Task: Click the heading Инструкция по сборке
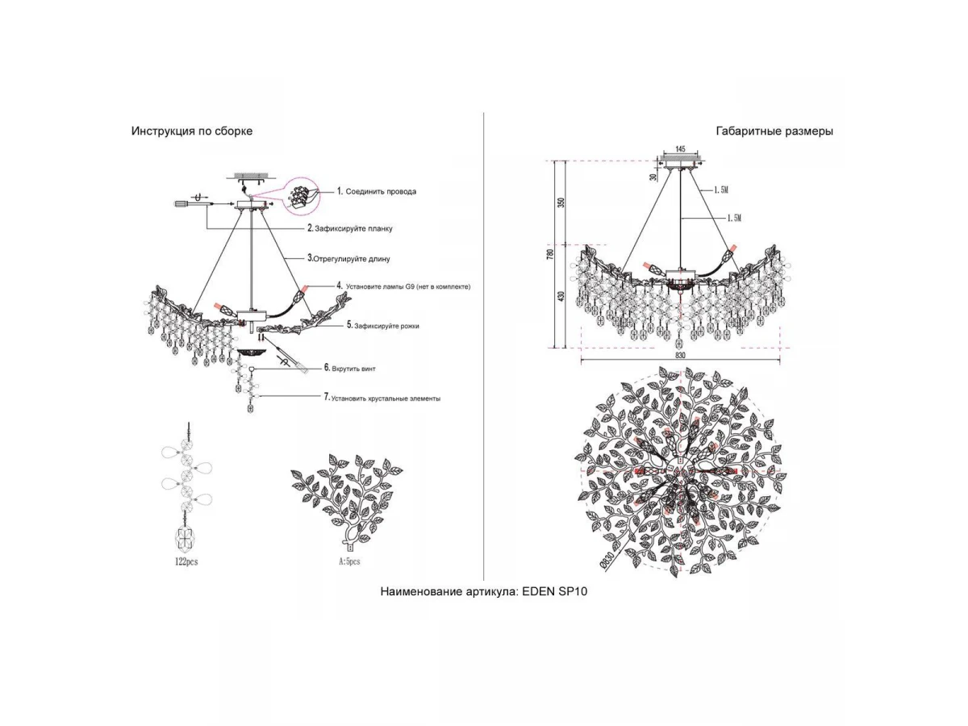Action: click(x=192, y=131)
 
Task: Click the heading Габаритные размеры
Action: click(x=774, y=131)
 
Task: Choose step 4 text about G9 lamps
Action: click(x=403, y=286)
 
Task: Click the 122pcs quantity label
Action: click(x=186, y=562)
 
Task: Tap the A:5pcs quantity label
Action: click(x=350, y=561)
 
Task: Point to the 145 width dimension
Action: click(x=681, y=150)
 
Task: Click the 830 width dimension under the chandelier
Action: click(x=680, y=356)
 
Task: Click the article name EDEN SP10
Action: click(x=484, y=591)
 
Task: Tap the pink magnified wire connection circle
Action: click(x=298, y=194)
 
